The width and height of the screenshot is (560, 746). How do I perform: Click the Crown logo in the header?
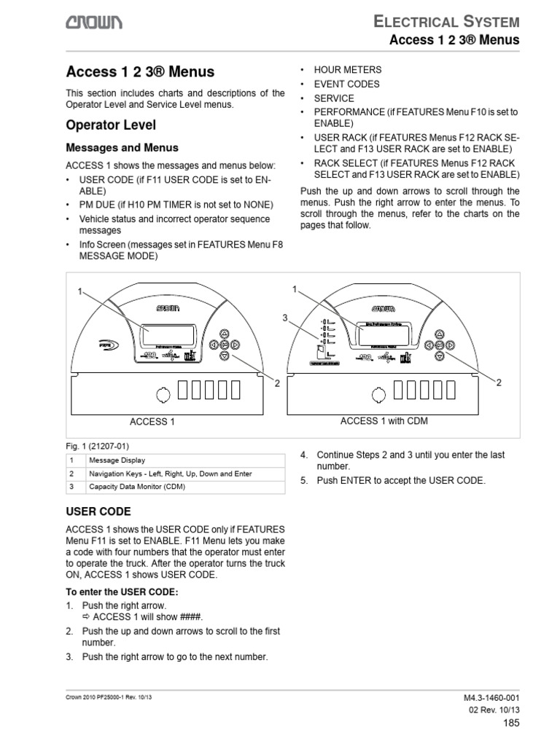94,23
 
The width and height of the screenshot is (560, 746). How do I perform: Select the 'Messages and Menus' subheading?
112,148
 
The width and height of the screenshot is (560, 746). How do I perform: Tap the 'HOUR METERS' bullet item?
347,70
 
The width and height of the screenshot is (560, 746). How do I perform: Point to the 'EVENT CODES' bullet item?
346,85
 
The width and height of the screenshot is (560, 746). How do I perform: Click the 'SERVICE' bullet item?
334,98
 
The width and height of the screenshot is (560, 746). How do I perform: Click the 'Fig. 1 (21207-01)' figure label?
98,446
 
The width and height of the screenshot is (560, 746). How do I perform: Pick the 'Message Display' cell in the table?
117,460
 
